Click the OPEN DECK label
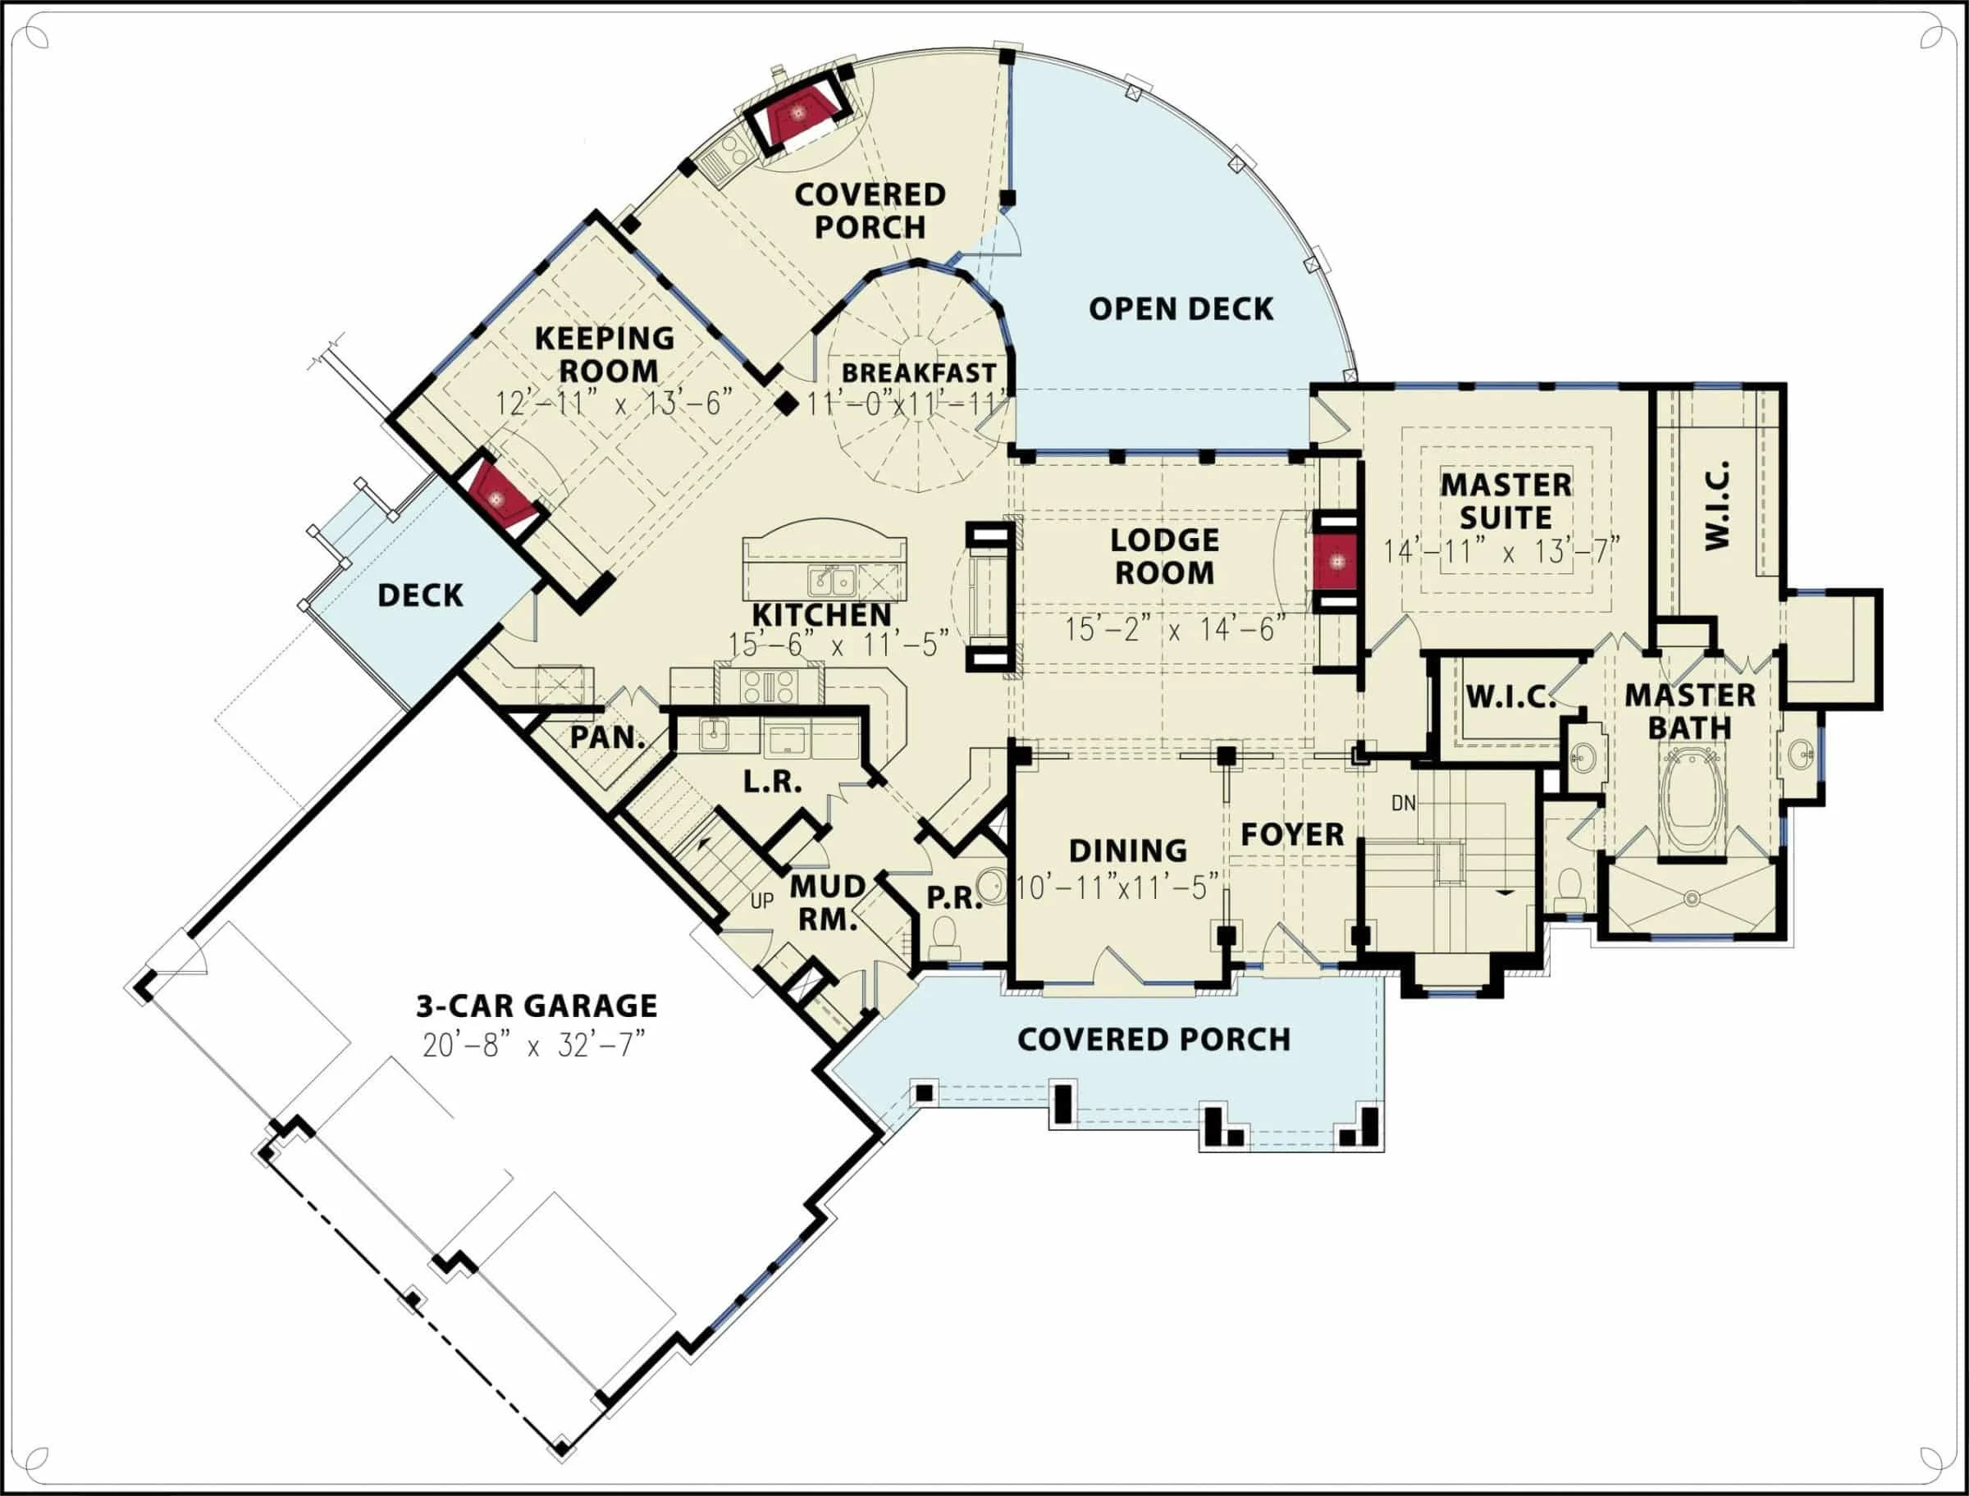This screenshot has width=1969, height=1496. click(x=1181, y=309)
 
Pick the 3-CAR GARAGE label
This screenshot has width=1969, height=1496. click(x=537, y=1006)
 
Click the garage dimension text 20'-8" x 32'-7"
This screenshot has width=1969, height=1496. click(x=532, y=1045)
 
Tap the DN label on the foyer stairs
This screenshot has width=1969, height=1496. click(x=1404, y=803)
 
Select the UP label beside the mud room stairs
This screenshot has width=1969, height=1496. click(x=762, y=901)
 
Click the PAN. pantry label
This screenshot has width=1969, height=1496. click(x=607, y=737)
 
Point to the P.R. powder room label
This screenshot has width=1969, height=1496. click(x=955, y=897)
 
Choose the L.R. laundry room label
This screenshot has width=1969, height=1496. click(x=773, y=782)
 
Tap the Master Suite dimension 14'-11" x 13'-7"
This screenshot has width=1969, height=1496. click(x=1501, y=551)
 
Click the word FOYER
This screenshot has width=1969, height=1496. click(x=1292, y=834)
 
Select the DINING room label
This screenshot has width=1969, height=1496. click(x=1127, y=851)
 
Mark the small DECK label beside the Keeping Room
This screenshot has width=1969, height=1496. click(x=420, y=595)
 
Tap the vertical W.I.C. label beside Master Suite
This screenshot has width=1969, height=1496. click(x=1717, y=506)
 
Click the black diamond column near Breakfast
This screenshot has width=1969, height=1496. click(x=785, y=404)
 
